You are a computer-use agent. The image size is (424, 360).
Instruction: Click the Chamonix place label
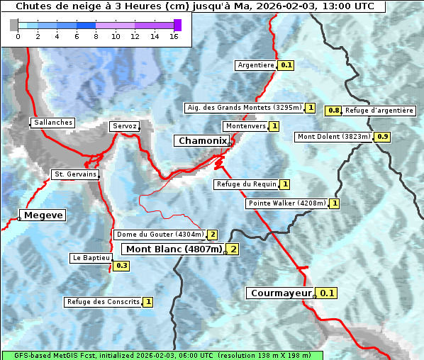202,141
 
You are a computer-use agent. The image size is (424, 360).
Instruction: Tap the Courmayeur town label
281,293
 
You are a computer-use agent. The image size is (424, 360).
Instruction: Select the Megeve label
43,215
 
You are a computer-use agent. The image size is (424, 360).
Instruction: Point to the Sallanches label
52,123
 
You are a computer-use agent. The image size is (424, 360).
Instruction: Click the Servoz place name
124,126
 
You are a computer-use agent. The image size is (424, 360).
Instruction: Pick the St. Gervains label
75,174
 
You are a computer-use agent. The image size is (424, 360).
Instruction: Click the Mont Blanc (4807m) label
174,249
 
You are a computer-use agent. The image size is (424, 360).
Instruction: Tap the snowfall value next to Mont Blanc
232,249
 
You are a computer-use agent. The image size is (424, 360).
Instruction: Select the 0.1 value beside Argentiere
286,65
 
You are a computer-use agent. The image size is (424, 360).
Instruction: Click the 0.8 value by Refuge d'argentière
333,111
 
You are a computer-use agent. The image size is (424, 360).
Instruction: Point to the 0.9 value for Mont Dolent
383,137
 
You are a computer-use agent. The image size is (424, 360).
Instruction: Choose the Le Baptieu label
90,258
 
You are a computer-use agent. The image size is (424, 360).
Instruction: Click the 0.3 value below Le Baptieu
121,266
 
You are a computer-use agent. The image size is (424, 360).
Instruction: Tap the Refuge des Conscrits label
103,302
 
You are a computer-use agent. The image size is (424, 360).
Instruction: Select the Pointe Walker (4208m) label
287,203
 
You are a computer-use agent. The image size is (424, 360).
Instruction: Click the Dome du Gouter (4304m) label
160,235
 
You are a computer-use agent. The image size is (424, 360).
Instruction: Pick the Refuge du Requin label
245,184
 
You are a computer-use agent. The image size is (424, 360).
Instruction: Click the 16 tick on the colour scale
174,35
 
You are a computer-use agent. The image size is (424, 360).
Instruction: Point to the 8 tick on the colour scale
95,35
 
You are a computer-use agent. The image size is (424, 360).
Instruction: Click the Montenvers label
245,126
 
